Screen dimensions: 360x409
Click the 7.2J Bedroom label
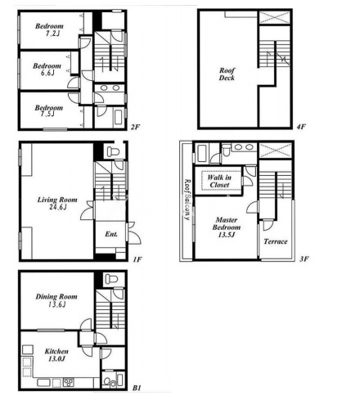click(49, 29)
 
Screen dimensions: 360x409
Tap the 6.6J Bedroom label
click(47, 70)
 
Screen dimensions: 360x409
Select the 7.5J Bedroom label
click(49, 110)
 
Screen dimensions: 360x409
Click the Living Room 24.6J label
click(57, 204)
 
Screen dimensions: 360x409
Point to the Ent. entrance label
click(111, 234)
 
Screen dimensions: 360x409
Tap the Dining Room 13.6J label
click(56, 300)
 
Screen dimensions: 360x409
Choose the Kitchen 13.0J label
click(56, 355)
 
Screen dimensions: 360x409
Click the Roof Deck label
click(227, 74)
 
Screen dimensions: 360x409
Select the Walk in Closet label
click(219, 181)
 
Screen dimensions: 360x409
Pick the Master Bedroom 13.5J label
click(227, 227)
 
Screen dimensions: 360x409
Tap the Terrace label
click(276, 241)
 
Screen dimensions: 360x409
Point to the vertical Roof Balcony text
click(187, 200)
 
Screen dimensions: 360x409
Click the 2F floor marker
click(135, 127)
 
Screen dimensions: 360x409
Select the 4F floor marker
click(301, 127)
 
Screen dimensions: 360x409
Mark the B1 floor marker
click(137, 388)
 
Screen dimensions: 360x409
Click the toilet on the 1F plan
click(112, 151)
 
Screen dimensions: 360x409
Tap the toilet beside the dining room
click(111, 279)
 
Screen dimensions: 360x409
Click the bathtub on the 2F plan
click(119, 117)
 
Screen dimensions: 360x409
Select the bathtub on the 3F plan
click(201, 154)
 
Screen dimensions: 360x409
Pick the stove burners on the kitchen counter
click(69, 382)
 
